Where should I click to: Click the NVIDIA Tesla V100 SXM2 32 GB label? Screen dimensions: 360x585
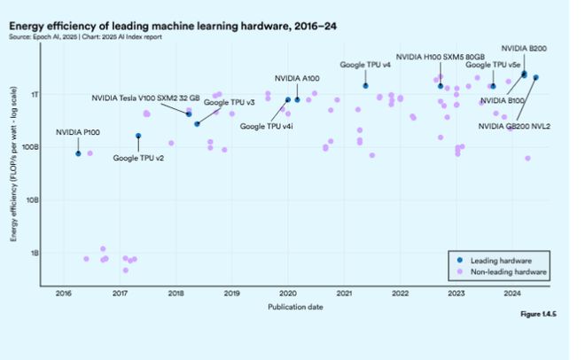point(146,98)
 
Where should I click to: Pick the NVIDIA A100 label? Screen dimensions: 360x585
point(297,79)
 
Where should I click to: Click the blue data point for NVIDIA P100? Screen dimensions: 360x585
point(78,153)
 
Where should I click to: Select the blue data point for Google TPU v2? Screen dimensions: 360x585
point(138,136)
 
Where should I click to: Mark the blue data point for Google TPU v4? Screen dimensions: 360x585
point(365,86)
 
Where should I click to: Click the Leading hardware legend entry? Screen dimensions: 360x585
point(502,262)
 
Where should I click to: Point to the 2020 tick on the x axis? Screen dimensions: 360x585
point(287,293)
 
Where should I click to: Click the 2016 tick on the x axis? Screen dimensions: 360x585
point(64,293)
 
